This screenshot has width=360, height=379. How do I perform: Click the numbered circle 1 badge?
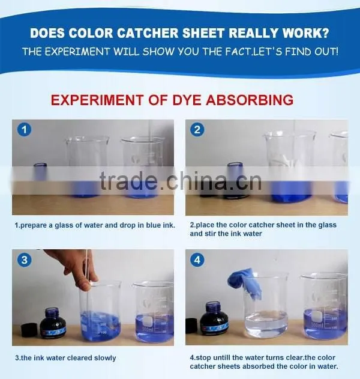point(24,130)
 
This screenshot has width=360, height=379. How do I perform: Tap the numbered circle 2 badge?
point(197,130)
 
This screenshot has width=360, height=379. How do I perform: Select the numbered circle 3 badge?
point(25,260)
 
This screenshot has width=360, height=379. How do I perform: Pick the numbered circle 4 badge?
point(197,260)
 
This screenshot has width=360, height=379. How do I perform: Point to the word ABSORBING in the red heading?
point(250,100)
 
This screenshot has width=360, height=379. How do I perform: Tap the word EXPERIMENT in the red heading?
point(97,100)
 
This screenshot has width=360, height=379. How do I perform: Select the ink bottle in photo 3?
point(53,323)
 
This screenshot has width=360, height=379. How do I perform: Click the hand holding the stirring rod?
point(75,268)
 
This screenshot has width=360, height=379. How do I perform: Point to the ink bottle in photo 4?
point(214,319)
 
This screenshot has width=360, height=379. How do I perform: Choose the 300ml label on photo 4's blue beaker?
point(317,325)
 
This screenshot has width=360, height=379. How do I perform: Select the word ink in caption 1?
point(168,225)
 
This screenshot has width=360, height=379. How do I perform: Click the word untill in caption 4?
point(221,357)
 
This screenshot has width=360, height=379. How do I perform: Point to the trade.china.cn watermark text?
point(181,181)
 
